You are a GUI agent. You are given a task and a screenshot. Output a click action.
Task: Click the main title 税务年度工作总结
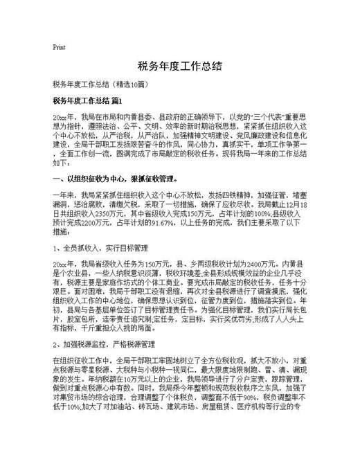click(x=180, y=66)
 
